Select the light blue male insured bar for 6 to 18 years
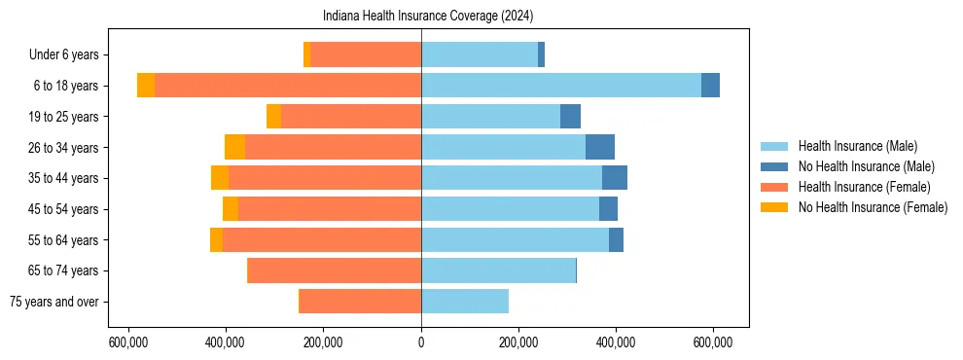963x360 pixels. point(561,86)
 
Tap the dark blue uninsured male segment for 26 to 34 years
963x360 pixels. point(599,147)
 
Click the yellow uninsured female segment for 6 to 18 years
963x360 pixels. point(146,86)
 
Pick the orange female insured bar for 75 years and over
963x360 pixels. point(360,302)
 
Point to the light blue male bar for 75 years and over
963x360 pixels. point(465,302)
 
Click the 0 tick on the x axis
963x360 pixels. point(421,342)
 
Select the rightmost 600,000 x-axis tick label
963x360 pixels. point(713,342)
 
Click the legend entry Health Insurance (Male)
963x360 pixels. point(857,146)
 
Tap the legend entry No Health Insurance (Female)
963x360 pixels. point(873,207)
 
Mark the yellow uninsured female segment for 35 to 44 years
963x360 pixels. point(220,178)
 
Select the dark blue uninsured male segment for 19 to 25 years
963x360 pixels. point(570,117)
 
